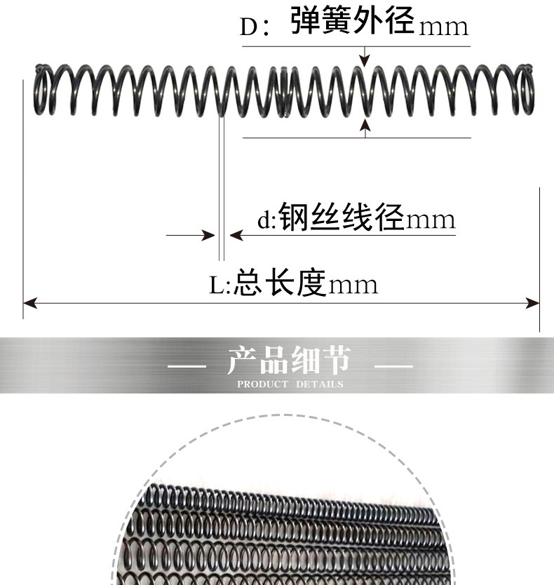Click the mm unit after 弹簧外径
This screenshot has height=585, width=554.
tap(442, 27)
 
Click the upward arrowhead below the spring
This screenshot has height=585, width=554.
tap(364, 125)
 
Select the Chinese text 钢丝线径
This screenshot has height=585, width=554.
tap(342, 217)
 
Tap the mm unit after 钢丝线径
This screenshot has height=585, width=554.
tap(431, 220)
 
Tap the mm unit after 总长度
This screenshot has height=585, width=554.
tap(353, 285)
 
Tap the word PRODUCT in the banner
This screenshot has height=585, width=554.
tap(262, 384)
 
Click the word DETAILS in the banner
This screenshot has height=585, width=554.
tap(320, 384)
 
